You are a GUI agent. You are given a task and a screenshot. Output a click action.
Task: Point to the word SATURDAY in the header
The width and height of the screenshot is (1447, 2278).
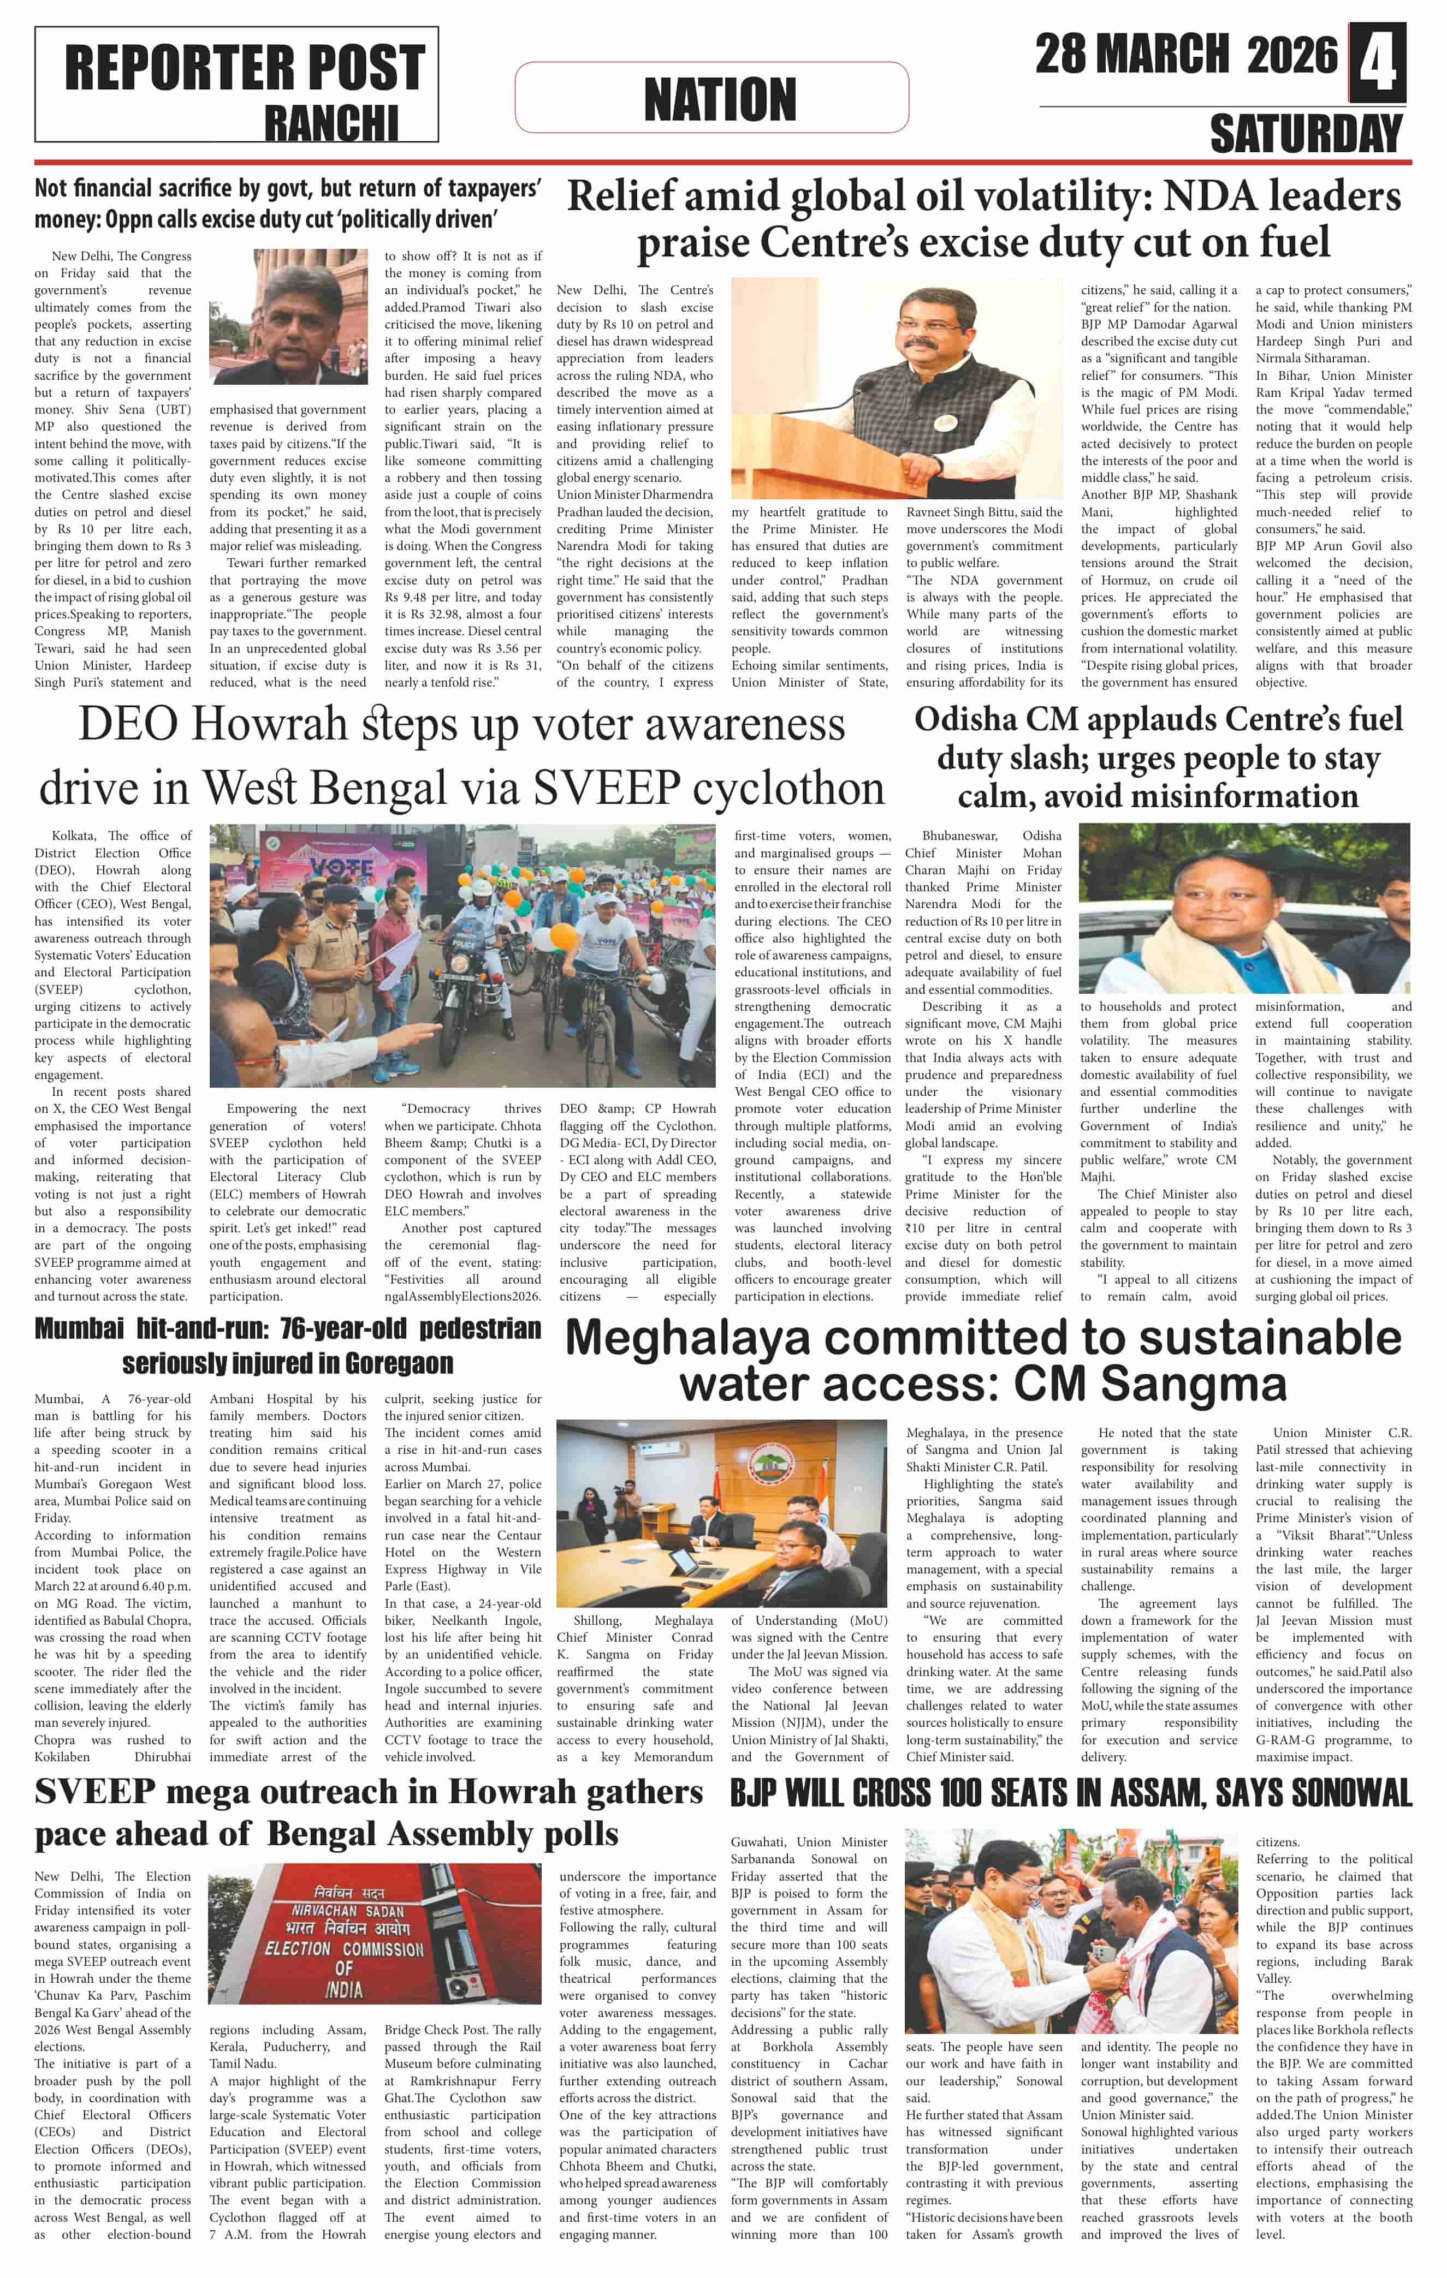pyautogui.click(x=1306, y=133)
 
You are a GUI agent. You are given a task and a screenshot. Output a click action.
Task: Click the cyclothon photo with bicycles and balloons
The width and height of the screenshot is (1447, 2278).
pyautogui.click(x=464, y=955)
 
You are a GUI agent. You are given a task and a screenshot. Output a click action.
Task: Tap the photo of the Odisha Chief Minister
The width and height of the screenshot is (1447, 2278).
pyautogui.click(x=1243, y=907)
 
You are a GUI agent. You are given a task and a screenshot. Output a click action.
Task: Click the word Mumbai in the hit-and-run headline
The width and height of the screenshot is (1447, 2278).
pyautogui.click(x=79, y=1329)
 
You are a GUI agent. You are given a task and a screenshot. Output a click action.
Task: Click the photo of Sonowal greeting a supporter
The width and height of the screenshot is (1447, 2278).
pyautogui.click(x=1070, y=1932)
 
